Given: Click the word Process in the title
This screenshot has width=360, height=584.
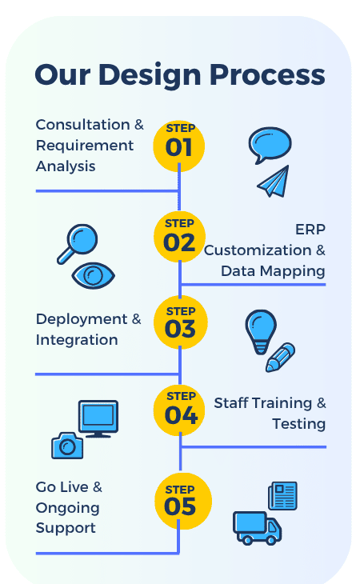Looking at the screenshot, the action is point(267,75).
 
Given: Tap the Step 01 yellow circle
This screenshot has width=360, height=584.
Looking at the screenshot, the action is point(179,146).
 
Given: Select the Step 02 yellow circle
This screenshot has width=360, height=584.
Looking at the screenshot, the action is point(179,237).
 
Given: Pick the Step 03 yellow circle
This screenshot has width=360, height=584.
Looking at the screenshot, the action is point(181,322).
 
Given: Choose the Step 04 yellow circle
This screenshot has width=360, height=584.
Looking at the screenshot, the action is point(179,410).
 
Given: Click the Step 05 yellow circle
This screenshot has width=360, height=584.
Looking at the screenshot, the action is point(183,501).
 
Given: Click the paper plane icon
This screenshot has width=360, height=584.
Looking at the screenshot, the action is point(274,182).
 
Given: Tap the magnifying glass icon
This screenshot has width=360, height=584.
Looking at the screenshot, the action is point(78,244).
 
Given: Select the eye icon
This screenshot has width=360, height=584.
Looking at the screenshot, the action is point(93,276).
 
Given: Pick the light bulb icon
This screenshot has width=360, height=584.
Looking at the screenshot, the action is point(261,331).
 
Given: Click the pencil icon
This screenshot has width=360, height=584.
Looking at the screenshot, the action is point(280,357).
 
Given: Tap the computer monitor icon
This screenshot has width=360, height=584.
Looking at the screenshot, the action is point(98,418).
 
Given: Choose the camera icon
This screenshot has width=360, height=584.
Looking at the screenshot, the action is point(67,446).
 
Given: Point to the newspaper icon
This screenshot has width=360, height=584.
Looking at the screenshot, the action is point(283,495).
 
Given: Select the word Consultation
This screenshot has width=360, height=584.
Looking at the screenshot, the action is point(82,125).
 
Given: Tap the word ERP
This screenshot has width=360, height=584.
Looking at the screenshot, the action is point(310,230).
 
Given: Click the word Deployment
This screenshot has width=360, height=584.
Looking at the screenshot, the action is point(82,319).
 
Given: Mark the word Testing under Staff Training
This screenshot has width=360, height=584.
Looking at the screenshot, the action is point(299,424).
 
